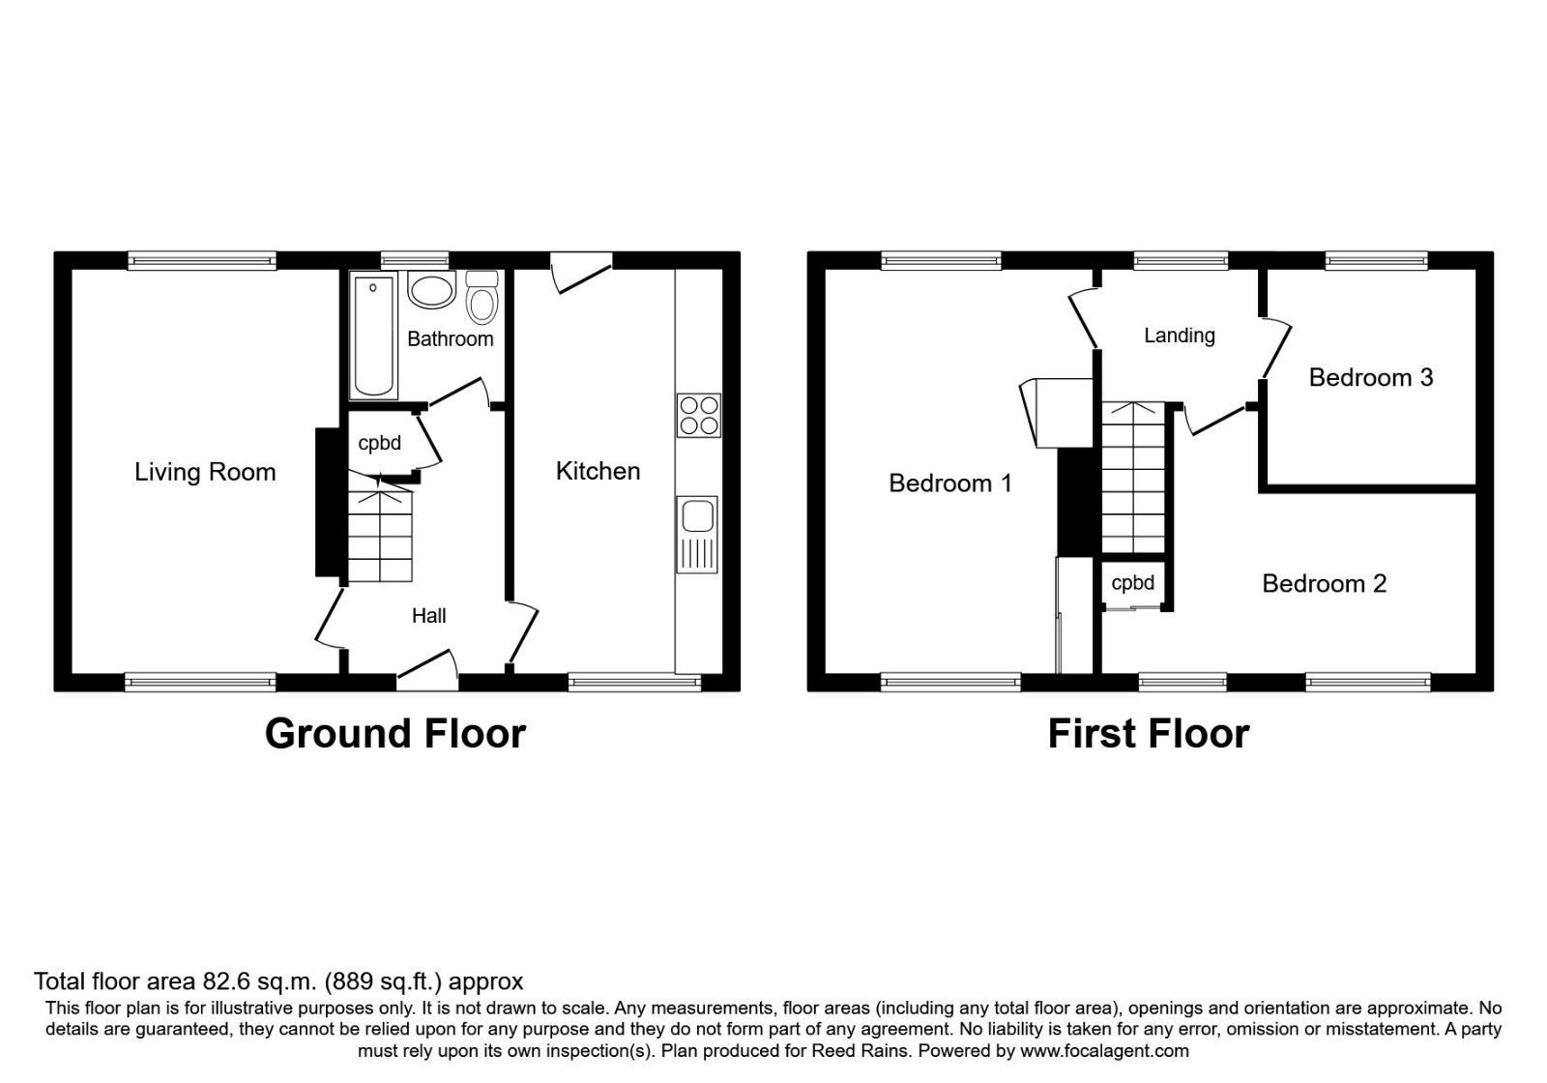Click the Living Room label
coord(205,472)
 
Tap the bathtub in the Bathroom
coord(374,336)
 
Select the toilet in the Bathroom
coord(481,298)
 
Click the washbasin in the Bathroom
coord(431,289)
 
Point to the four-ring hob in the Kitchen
coord(698,415)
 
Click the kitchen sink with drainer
coord(697,534)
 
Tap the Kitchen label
coord(598,471)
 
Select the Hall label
coord(428,616)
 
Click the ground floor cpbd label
coord(379,443)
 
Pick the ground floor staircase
coord(379,537)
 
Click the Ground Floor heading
coord(394,734)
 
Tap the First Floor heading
coord(1148,734)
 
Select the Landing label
coord(1179,336)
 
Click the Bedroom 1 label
coord(949,483)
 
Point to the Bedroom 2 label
coord(1324,584)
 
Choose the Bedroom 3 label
coord(1370,378)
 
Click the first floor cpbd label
coord(1132,583)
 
